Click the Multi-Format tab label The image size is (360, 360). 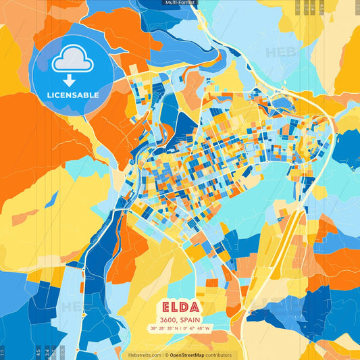click(180, 3)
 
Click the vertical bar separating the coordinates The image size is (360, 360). click(180, 329)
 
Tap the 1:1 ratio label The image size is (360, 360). click(3, 353)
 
